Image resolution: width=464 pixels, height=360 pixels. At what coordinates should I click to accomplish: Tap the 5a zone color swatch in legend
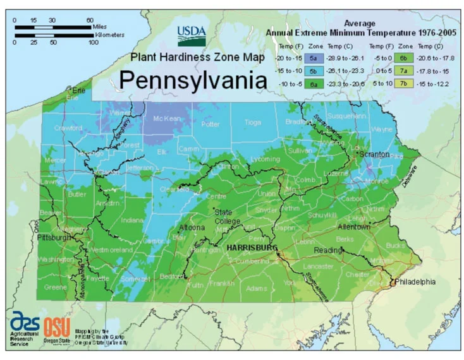[x=312, y=57]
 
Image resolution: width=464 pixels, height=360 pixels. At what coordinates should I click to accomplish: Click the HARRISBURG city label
[x=252, y=249]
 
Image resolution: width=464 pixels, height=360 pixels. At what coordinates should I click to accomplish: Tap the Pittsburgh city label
[x=54, y=238]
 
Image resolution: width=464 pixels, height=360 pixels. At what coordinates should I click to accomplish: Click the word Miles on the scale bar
[x=97, y=27]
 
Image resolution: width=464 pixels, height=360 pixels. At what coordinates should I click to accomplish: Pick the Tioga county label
[x=252, y=123]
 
